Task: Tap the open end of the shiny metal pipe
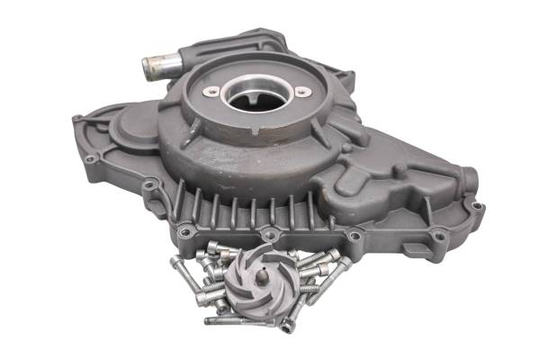click(150, 65)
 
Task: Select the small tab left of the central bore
click(210, 92)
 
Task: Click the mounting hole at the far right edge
click(478, 206)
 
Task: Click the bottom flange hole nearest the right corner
click(439, 236)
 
